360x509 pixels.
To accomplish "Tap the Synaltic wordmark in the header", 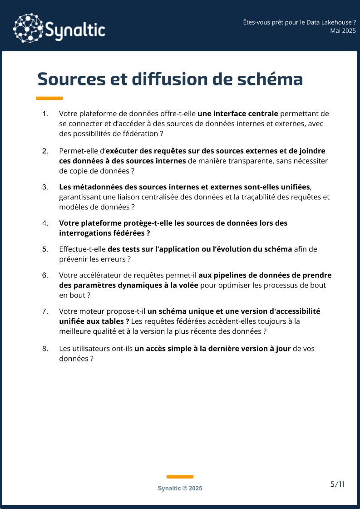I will (75, 30).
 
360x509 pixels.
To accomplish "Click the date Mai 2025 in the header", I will (343, 30).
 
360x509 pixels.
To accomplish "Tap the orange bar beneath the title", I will (49, 98).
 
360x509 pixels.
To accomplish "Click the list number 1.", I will (45, 114).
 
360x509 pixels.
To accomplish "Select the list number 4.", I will (45, 223).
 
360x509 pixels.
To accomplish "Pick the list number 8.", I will (45, 349).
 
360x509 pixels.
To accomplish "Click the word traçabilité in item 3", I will (249, 197).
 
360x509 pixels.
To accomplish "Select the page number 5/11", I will (337, 484).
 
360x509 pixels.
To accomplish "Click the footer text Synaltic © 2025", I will (180, 488).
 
